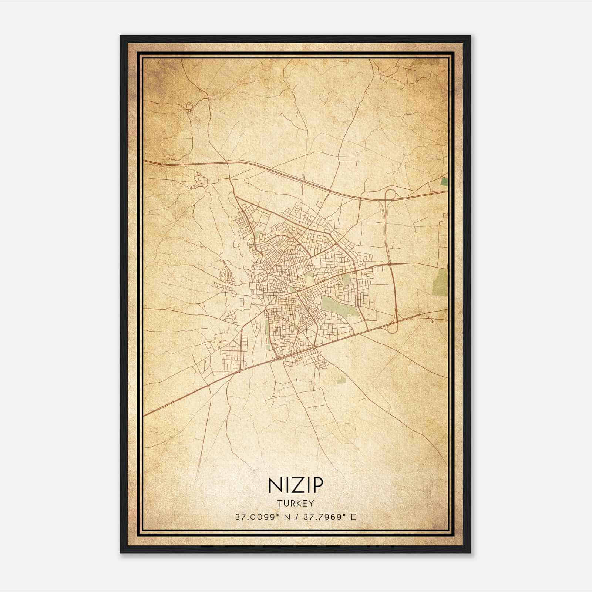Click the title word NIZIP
[296, 485]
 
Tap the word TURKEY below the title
[296, 503]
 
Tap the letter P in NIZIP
[317, 485]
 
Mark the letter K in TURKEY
[300, 503]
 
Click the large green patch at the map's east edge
[440, 281]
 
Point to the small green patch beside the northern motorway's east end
[444, 181]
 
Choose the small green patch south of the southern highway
[341, 379]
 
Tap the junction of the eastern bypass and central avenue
[390, 264]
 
